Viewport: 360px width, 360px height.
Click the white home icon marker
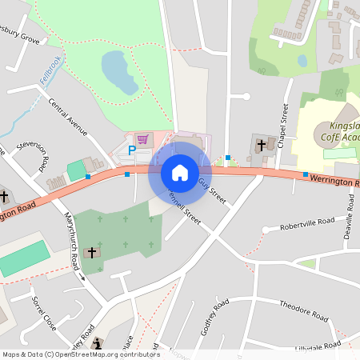coord(180,172)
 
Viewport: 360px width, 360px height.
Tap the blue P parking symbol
coord(133,150)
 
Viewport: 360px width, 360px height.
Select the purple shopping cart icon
coord(142,139)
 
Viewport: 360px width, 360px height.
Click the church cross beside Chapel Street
coord(262,145)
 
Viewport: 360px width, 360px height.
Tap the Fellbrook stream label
coord(50,71)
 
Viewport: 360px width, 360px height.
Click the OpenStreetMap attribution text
coord(80,354)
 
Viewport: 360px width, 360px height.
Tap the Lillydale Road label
coord(318,346)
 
